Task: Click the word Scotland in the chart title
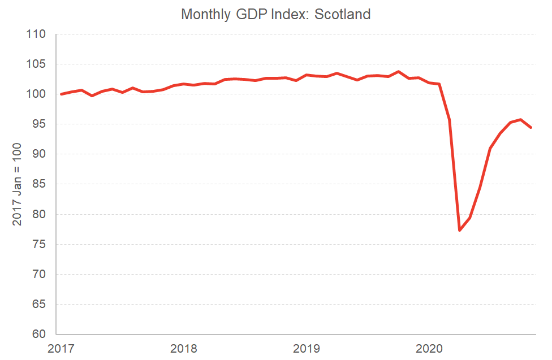342,14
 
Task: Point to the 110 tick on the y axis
36,34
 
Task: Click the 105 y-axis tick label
36,64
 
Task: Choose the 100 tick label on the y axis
36,94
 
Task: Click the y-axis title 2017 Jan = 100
17,184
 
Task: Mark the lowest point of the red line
460,230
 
